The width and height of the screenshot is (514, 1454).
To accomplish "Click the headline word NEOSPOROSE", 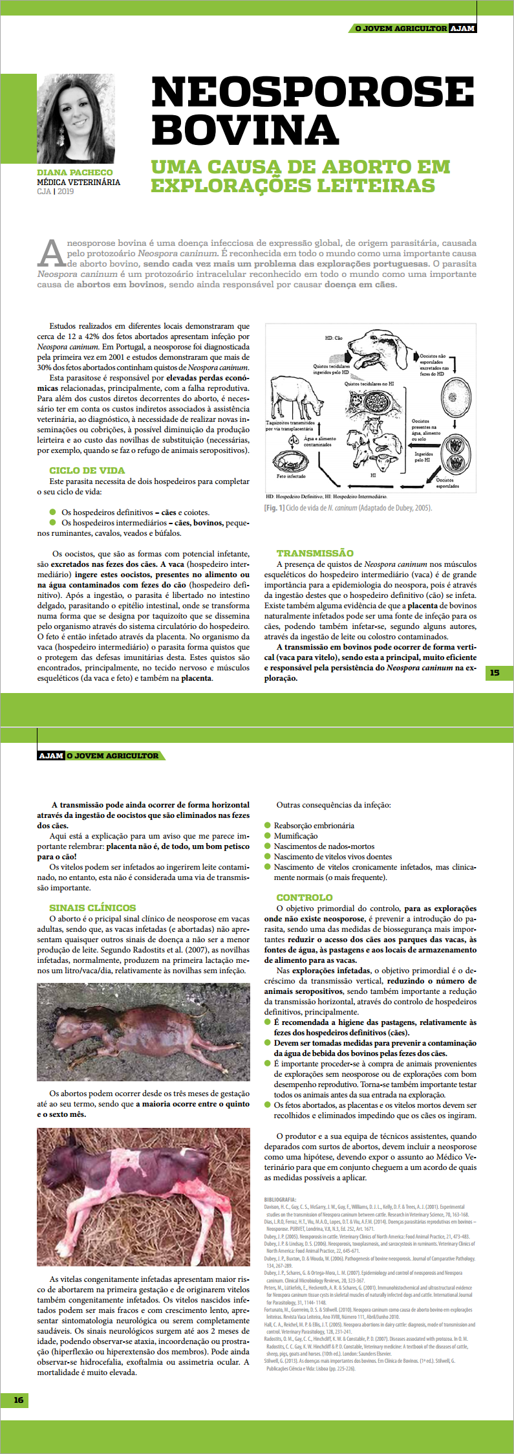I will [312, 92].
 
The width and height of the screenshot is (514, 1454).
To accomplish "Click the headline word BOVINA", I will [245, 130].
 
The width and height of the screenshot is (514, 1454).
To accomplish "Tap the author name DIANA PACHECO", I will [75, 173].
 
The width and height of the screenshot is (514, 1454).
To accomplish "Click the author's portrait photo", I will [76, 119].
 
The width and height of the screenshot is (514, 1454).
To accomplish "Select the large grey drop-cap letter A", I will [51, 253].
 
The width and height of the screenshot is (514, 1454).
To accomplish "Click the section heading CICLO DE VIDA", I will [87, 470].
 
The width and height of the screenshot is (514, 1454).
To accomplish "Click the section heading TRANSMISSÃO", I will [315, 553].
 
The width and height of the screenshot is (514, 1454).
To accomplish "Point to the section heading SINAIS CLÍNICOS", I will [92, 908].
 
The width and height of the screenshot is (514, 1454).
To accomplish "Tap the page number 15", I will [495, 673].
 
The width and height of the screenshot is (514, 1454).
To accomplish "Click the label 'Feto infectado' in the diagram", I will [291, 476].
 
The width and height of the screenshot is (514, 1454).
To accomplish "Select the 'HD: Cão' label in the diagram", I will [334, 338].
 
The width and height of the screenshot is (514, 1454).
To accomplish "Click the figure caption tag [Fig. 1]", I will [274, 508].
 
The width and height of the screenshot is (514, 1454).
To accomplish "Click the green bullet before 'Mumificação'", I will [268, 835].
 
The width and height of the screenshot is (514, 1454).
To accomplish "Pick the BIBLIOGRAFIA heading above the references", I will [280, 1199].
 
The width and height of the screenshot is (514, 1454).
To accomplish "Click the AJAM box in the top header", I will [462, 28].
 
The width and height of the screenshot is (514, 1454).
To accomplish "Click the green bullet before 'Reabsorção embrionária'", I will [268, 825].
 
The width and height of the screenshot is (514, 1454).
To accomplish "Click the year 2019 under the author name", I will [65, 192].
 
